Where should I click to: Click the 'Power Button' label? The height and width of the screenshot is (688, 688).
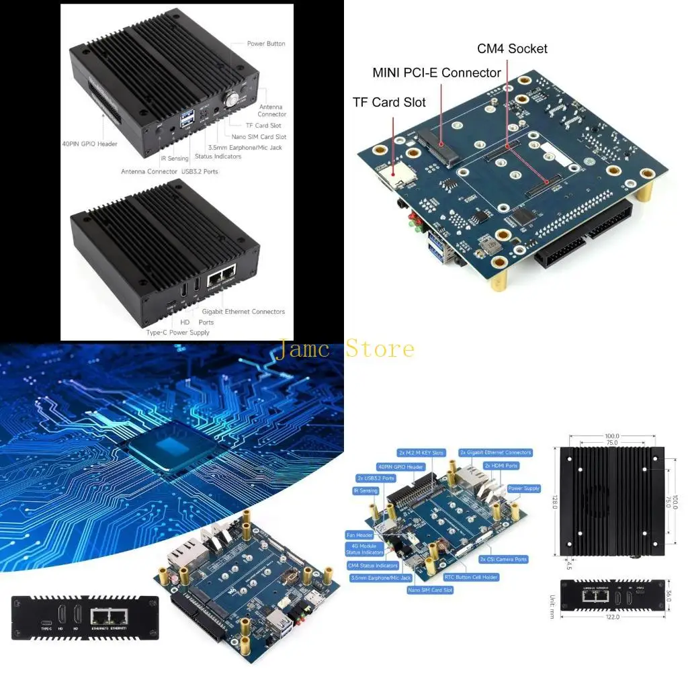pyautogui.click(x=266, y=44)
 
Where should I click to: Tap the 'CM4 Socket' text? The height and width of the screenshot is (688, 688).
pyautogui.click(x=512, y=48)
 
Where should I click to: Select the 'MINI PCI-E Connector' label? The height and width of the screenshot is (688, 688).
pyautogui.click(x=437, y=73)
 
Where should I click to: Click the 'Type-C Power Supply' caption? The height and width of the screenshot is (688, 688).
pyautogui.click(x=178, y=333)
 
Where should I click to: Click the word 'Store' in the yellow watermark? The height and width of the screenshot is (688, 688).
pyautogui.click(x=380, y=349)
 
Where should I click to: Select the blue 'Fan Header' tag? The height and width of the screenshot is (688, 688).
pyautogui.click(x=359, y=535)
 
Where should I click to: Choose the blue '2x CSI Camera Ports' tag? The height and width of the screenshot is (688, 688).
pyautogui.click(x=503, y=559)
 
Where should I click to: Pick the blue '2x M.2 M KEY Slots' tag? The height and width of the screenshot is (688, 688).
pyautogui.click(x=421, y=453)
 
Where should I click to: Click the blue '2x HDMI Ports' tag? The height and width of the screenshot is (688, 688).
pyautogui.click(x=501, y=466)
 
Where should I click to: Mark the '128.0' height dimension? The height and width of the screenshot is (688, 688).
pyautogui.click(x=554, y=502)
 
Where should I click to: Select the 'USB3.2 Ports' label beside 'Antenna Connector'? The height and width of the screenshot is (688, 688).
pyautogui.click(x=200, y=171)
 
